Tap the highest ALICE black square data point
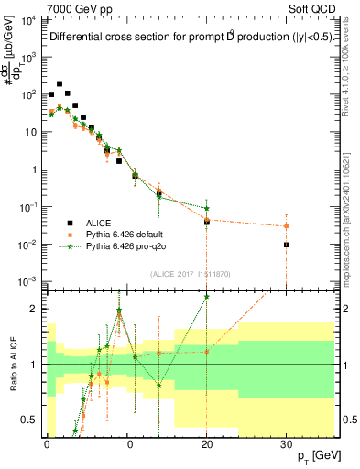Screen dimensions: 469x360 [60, 83]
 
